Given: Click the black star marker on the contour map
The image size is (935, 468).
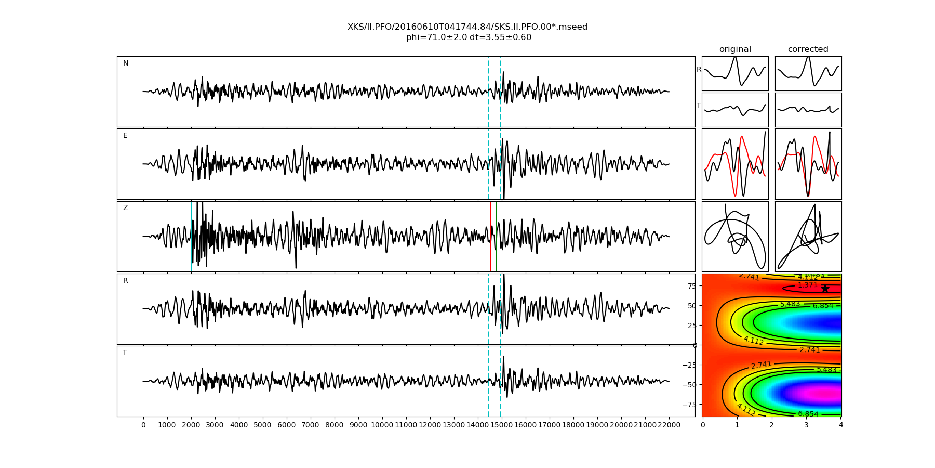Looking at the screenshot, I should [825, 289].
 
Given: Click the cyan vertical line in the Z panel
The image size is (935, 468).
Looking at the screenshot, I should [191, 237].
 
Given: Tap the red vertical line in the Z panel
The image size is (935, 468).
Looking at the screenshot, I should [490, 237].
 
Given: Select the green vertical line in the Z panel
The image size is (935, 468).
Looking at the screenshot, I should [496, 237].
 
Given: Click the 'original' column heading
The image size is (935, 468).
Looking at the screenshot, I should [735, 49].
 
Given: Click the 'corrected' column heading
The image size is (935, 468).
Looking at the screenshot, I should [808, 49].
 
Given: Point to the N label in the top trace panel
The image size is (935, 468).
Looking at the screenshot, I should [125, 63].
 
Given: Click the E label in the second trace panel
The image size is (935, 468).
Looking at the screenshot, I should [125, 136].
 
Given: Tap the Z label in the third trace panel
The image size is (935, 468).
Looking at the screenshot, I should [125, 208].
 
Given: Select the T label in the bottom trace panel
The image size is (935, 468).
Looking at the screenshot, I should [125, 353].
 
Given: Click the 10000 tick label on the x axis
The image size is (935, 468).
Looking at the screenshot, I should [382, 425].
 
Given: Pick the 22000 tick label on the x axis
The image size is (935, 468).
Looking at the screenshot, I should [669, 425].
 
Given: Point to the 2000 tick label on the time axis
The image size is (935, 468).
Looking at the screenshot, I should [191, 425].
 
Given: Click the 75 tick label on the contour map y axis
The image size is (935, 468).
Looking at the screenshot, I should [691, 285].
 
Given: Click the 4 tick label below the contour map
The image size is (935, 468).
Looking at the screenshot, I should [840, 425].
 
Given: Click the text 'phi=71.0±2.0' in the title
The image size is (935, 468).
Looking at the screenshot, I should [435, 37].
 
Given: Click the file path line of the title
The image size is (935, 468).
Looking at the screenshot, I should [468, 27].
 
